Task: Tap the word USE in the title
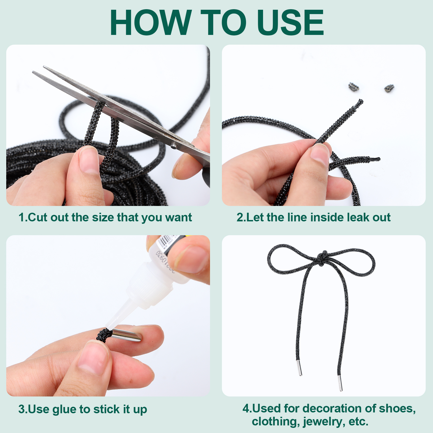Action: (291, 22)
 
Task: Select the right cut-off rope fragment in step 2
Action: (389, 88)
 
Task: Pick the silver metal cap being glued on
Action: (127, 334)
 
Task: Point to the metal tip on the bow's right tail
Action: (340, 383)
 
